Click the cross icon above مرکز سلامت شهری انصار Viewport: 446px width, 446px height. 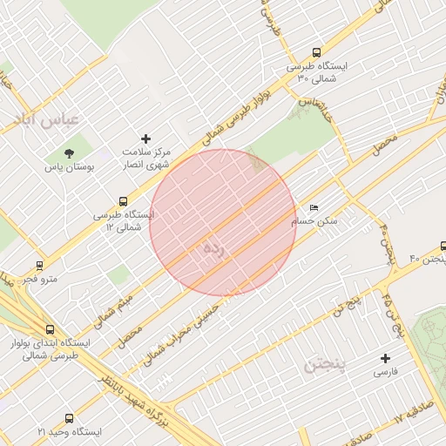145,139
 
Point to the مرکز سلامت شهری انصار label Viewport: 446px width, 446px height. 145,158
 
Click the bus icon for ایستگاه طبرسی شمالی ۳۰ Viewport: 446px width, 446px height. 315,52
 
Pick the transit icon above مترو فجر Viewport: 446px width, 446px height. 39,265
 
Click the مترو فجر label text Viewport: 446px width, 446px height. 39,279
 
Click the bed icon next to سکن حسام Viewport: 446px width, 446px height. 314,208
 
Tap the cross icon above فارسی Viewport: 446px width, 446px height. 386,358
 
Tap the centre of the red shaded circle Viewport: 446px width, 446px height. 223,223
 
